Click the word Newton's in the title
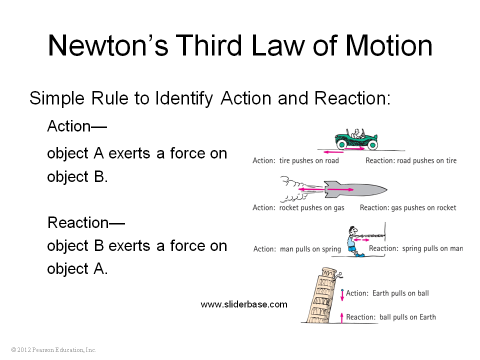(x=108, y=45)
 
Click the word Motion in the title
(x=389, y=45)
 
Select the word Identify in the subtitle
(x=183, y=98)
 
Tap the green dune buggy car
(x=356, y=139)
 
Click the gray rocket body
(x=355, y=189)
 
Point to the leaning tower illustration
(x=321, y=295)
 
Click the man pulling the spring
(x=354, y=241)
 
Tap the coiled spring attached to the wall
(x=374, y=235)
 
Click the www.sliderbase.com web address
(x=244, y=304)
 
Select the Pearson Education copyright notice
(x=53, y=349)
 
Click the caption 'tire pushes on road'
(x=309, y=160)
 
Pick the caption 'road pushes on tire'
(x=426, y=160)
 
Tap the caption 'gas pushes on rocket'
(x=423, y=208)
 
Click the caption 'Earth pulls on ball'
(x=400, y=293)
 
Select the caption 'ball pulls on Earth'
(x=407, y=317)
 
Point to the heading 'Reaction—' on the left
(x=86, y=222)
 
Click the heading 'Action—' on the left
(x=77, y=126)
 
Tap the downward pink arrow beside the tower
(x=342, y=295)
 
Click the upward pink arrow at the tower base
(x=341, y=317)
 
